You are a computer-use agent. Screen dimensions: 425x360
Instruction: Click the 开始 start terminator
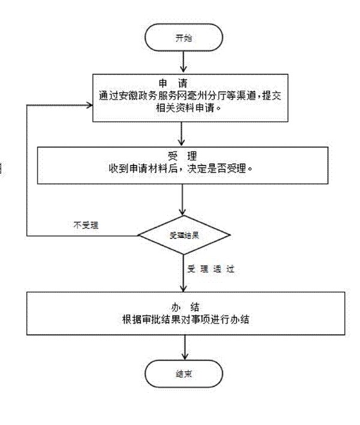(x=183, y=37)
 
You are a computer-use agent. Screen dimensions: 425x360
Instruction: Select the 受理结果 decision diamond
(x=183, y=235)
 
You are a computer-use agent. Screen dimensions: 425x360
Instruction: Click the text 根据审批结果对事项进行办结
(x=183, y=319)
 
